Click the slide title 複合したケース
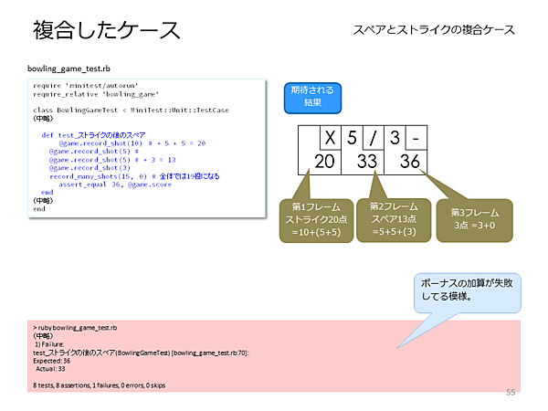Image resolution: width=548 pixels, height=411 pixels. [107, 30]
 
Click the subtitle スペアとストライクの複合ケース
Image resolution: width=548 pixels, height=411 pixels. [434, 30]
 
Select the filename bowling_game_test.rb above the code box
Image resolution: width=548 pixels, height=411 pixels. [71, 68]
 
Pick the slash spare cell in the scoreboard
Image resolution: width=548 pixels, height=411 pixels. [373, 140]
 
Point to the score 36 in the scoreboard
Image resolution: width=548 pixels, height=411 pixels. [410, 161]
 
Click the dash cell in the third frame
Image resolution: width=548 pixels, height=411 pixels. [416, 140]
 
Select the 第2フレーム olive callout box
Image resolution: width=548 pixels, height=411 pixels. [394, 219]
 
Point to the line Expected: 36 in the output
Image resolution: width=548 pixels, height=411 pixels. [52, 362]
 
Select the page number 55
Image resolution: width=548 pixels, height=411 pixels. [511, 392]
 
